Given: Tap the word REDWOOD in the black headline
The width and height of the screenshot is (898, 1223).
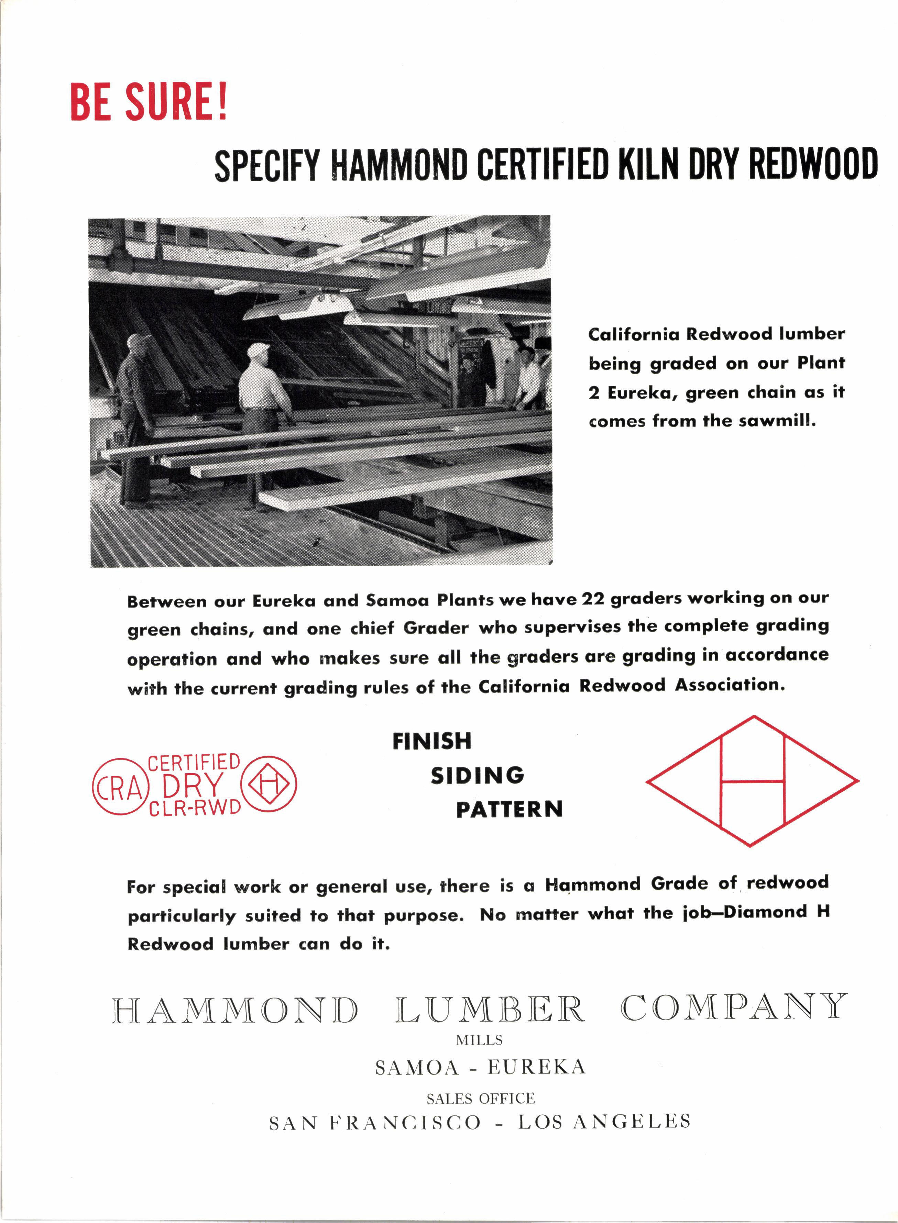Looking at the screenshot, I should (x=813, y=163).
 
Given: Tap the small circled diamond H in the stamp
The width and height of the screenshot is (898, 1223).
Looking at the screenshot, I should (x=269, y=783).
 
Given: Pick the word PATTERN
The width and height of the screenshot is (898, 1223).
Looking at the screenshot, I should (x=510, y=810).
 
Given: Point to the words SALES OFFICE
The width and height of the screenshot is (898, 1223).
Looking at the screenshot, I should (x=481, y=1099).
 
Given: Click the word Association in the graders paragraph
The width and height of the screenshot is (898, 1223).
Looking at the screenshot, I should (x=730, y=685).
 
